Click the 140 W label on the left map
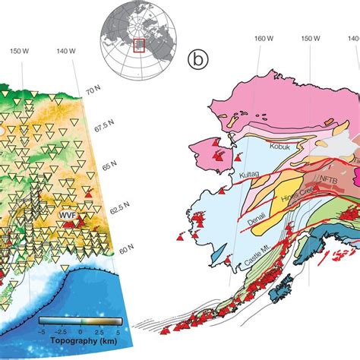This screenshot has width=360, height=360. pyautogui.click(x=66, y=52)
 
